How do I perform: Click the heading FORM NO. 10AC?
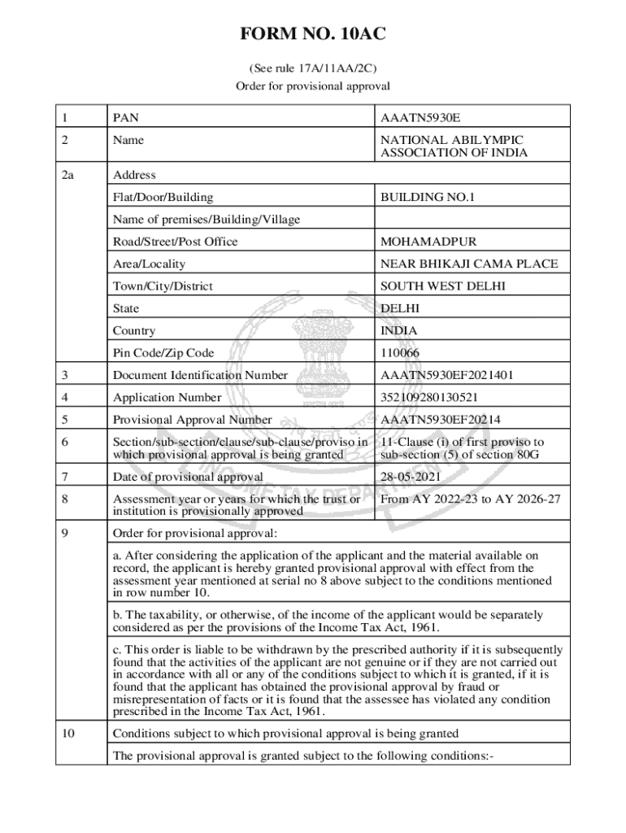point(313,34)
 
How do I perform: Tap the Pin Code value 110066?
point(403,353)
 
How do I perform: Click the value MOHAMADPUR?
point(428,242)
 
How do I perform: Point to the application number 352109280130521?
point(429,398)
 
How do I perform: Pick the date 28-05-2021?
point(412,477)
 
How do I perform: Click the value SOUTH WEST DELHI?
point(442,286)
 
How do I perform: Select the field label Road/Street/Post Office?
point(176,242)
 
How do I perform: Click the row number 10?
point(68,734)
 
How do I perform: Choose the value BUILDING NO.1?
point(428,197)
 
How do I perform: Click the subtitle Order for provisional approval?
point(313,85)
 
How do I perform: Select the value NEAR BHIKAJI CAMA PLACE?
point(469,264)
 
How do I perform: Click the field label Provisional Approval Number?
point(193,420)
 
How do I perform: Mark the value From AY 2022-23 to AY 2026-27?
point(470,499)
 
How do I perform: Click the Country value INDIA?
point(399,331)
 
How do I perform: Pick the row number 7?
point(65,477)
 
